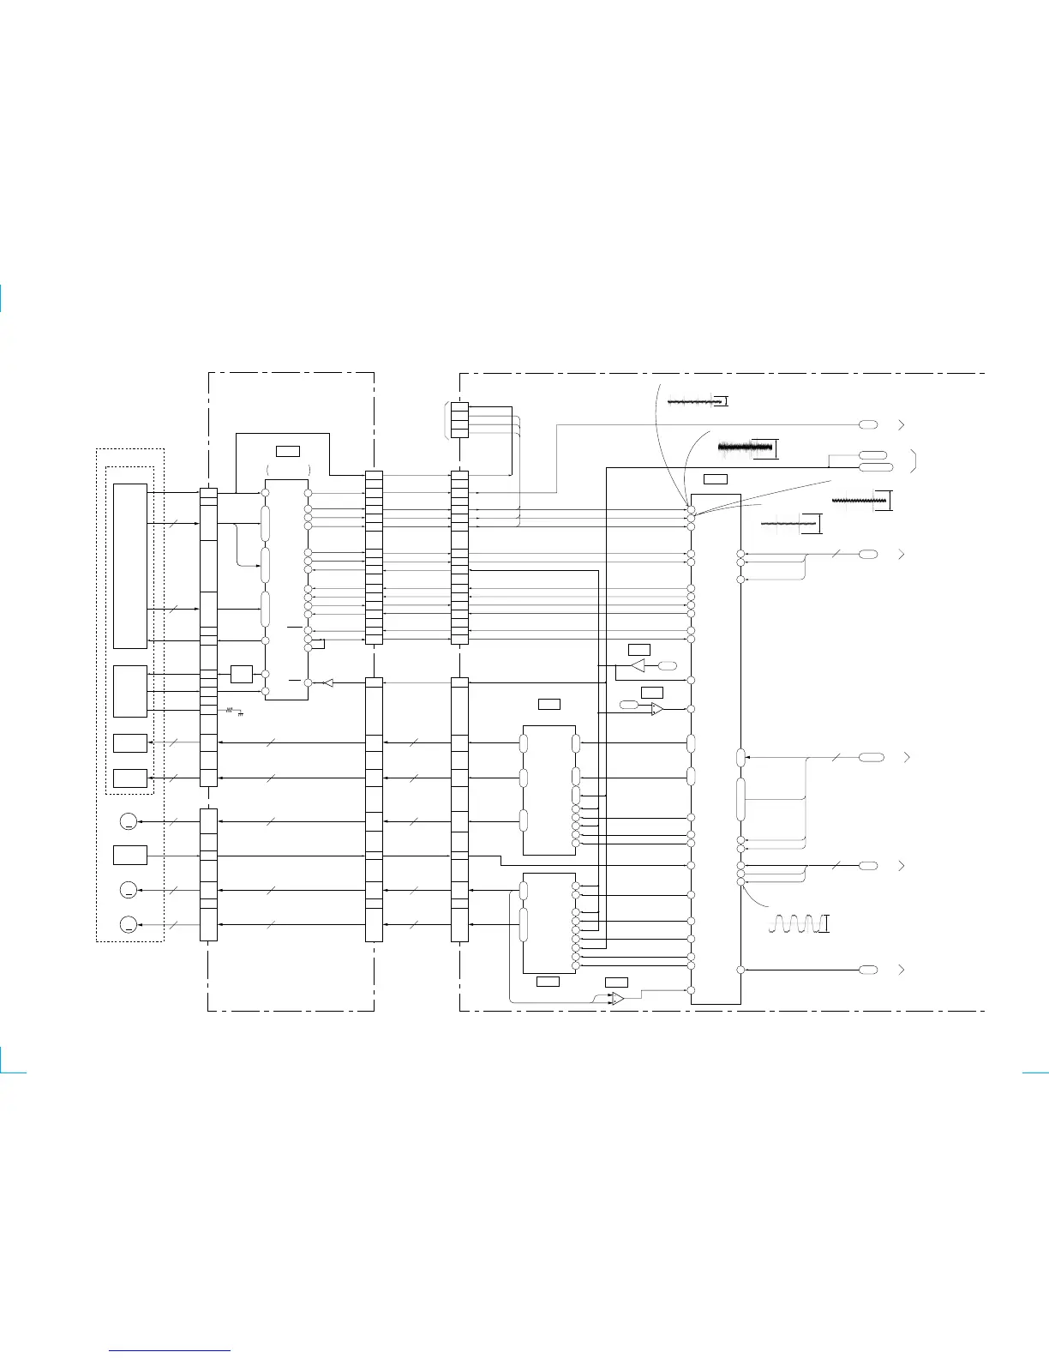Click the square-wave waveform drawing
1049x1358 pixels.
tap(799, 923)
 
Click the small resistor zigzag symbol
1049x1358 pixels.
tap(229, 710)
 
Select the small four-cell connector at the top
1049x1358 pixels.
tap(460, 420)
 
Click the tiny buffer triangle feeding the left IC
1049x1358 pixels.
tap(327, 682)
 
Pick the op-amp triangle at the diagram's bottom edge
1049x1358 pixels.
tap(617, 999)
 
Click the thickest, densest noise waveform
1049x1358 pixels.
tap(745, 447)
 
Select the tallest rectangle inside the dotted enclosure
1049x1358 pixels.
tap(130, 566)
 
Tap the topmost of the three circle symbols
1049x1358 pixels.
tap(128, 822)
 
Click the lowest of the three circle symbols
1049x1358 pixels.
tap(128, 924)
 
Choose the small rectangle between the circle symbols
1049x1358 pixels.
tap(130, 855)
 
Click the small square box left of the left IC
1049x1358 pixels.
tap(242, 674)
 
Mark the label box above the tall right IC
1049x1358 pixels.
tap(716, 478)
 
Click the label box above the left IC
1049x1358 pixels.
tap(288, 451)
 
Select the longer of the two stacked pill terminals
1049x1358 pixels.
tap(876, 467)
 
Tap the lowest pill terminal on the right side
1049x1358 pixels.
tap(868, 970)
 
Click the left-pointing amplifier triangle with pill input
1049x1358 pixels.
tap(638, 666)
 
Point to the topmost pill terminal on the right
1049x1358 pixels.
tap(868, 424)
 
